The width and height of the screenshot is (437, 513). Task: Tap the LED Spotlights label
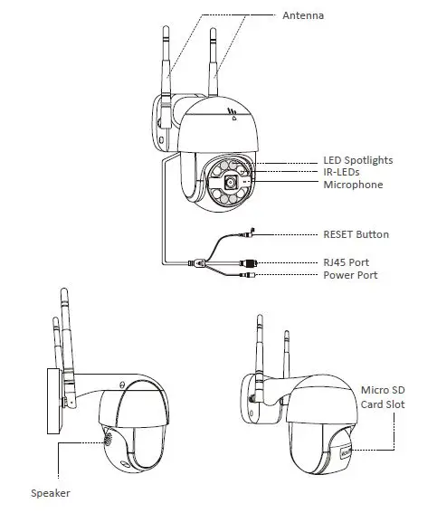(357, 160)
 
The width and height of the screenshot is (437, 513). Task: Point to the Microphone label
(353, 185)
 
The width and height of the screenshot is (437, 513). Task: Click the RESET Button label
(356, 234)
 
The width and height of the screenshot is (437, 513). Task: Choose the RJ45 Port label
(347, 262)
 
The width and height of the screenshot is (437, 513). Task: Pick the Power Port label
(351, 275)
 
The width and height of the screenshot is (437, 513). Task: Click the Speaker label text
(50, 493)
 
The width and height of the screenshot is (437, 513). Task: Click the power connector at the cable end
(247, 275)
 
